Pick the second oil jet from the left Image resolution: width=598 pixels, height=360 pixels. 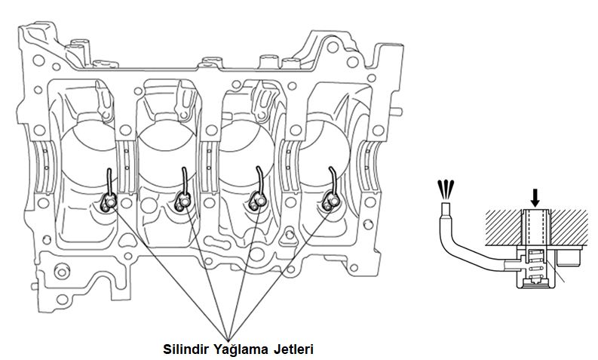coord(182,201)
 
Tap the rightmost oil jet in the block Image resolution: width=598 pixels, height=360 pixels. coord(329,200)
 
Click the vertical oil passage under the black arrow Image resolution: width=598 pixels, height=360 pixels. coord(536,226)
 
